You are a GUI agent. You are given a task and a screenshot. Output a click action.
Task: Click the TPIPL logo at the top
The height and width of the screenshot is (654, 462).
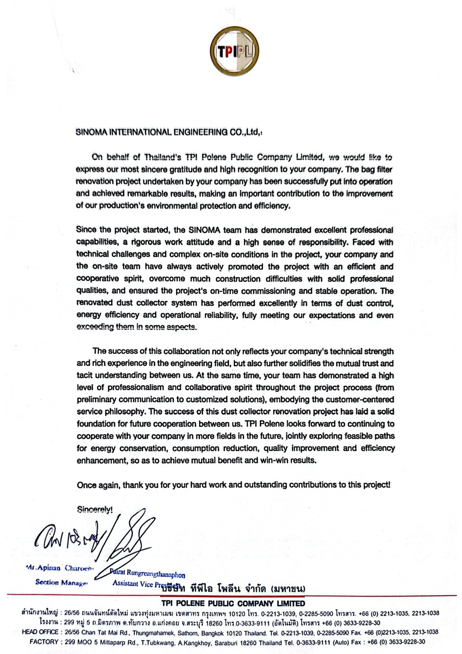(x=235, y=52)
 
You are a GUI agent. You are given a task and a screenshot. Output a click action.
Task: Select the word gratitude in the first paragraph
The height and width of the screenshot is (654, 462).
(x=176, y=169)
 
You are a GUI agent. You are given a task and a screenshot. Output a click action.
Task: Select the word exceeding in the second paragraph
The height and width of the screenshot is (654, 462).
(x=94, y=327)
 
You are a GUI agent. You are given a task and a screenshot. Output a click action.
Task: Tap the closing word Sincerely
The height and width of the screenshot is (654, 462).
(x=95, y=509)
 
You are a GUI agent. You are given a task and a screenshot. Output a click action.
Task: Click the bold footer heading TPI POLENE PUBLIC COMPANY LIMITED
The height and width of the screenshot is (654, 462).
(x=233, y=604)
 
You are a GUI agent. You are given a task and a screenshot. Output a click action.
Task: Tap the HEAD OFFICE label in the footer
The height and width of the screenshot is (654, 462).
(x=40, y=632)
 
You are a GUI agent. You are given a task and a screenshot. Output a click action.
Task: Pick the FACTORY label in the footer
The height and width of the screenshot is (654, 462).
(x=44, y=642)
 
